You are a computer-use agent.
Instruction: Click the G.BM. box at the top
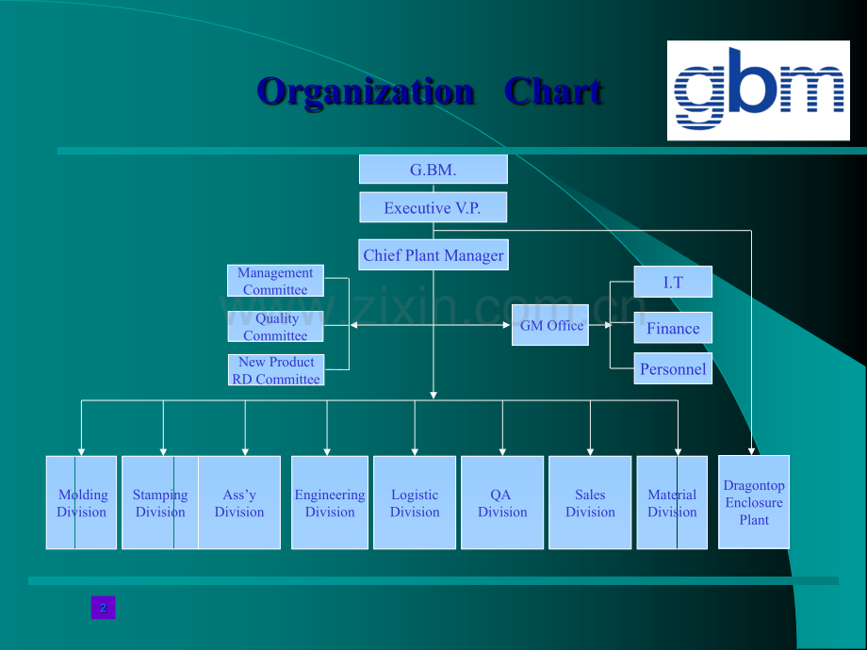click(433, 170)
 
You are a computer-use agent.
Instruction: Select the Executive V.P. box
click(433, 208)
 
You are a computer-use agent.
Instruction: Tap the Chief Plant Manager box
click(433, 255)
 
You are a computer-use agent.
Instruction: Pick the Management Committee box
click(275, 281)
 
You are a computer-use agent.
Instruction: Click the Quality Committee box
click(275, 327)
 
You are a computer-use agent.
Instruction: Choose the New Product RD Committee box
click(276, 370)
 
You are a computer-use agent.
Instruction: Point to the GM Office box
click(550, 325)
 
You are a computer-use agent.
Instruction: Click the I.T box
click(673, 282)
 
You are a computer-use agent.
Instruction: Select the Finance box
click(673, 328)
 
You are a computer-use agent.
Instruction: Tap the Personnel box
click(673, 368)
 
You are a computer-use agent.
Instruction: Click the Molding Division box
click(82, 503)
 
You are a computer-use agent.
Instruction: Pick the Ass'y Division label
click(239, 503)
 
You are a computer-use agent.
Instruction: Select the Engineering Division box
click(330, 503)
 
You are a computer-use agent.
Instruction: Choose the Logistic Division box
click(415, 503)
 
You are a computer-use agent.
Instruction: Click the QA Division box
click(502, 503)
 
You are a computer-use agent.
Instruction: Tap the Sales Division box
click(590, 503)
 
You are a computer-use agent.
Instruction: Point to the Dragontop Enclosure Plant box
click(754, 502)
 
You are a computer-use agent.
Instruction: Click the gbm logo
click(759, 90)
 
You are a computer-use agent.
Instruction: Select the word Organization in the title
click(366, 91)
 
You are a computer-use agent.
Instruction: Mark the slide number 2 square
click(103, 608)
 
